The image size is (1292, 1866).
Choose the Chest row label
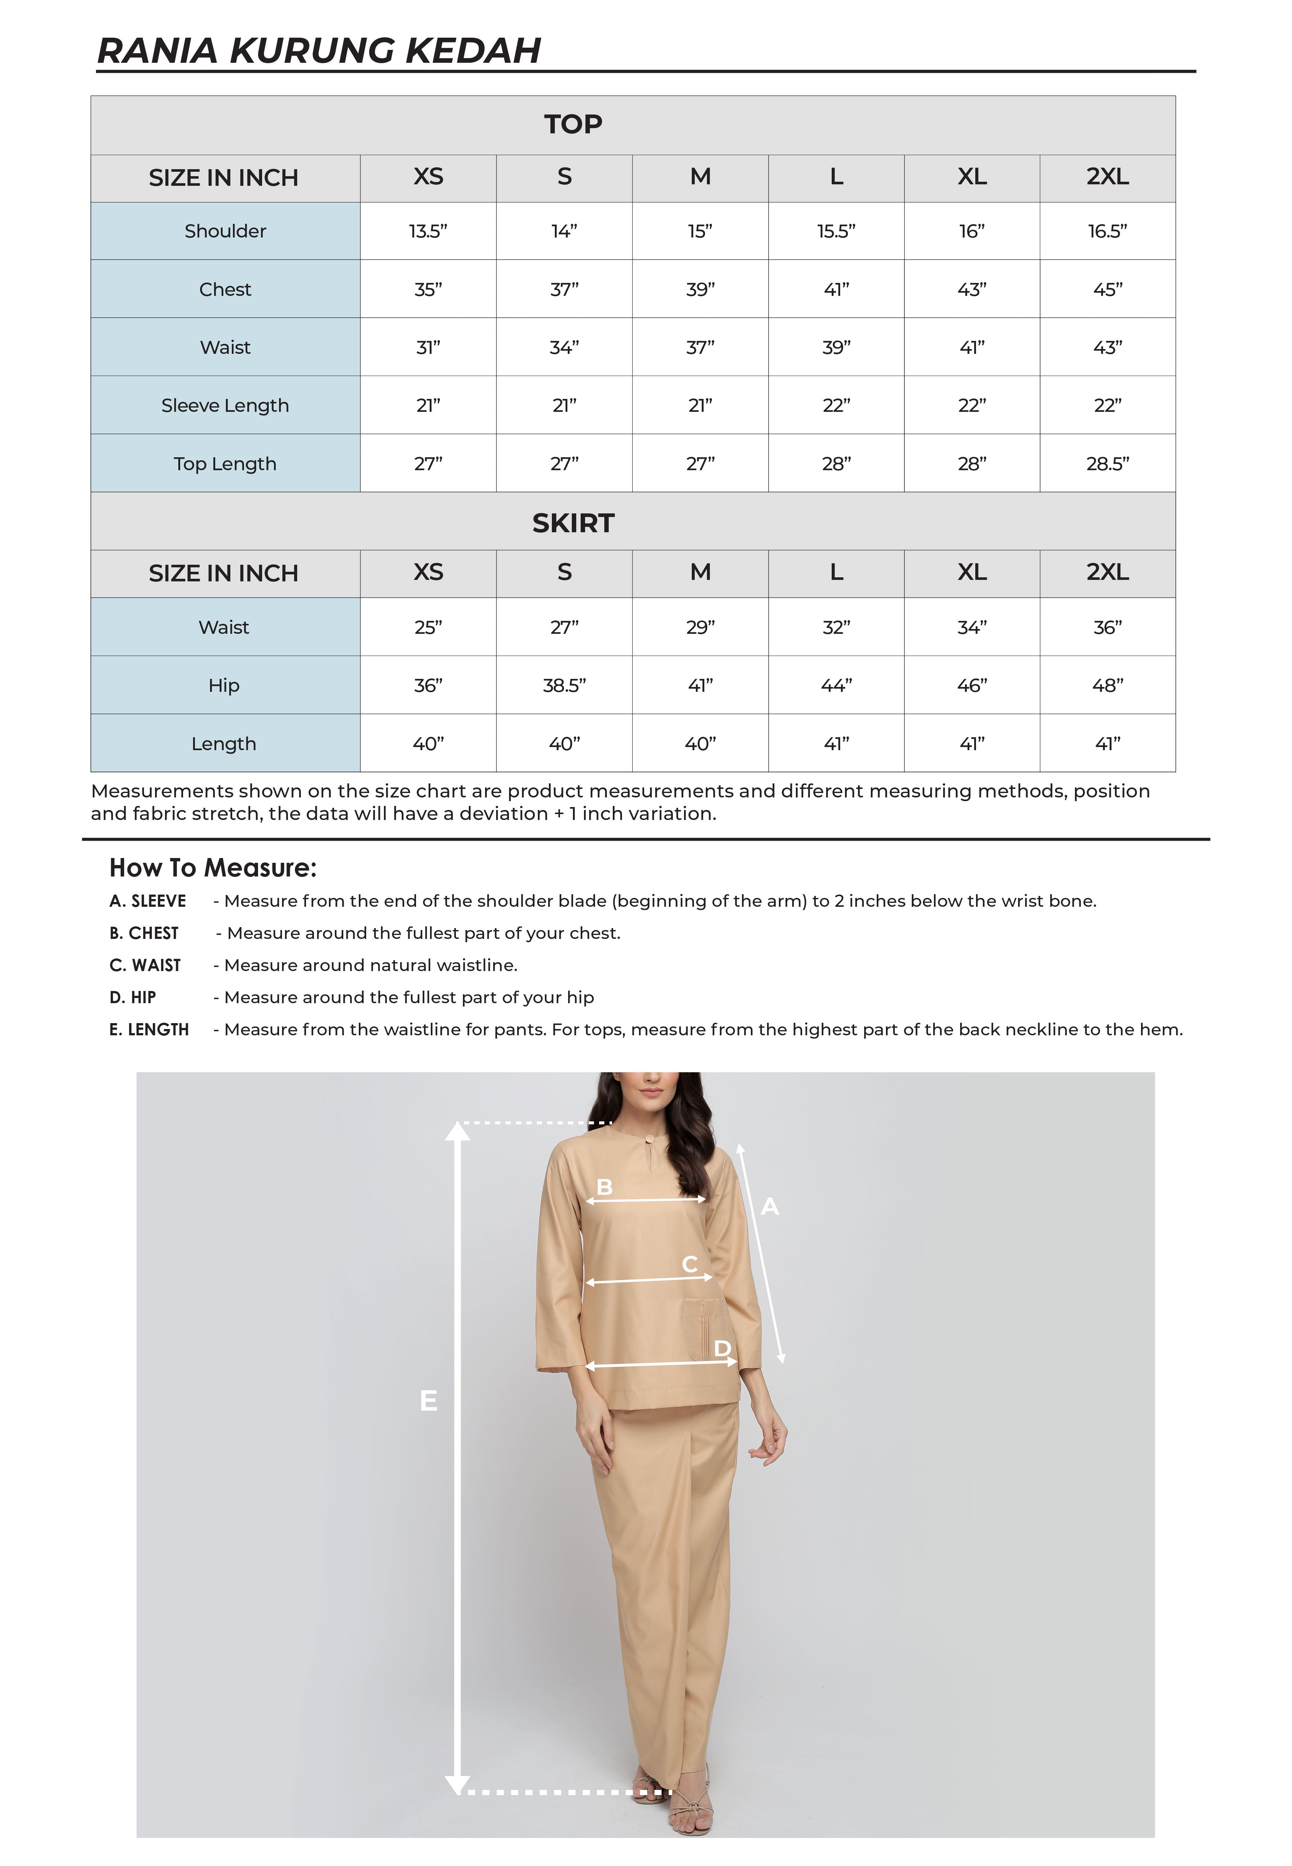click(x=225, y=289)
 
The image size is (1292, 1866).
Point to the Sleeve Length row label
click(x=225, y=405)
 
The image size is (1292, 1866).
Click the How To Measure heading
click(x=213, y=867)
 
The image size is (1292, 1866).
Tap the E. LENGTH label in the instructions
click(x=149, y=1029)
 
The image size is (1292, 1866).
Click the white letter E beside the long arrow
click(x=428, y=1400)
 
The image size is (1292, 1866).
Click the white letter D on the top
click(x=722, y=1349)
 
